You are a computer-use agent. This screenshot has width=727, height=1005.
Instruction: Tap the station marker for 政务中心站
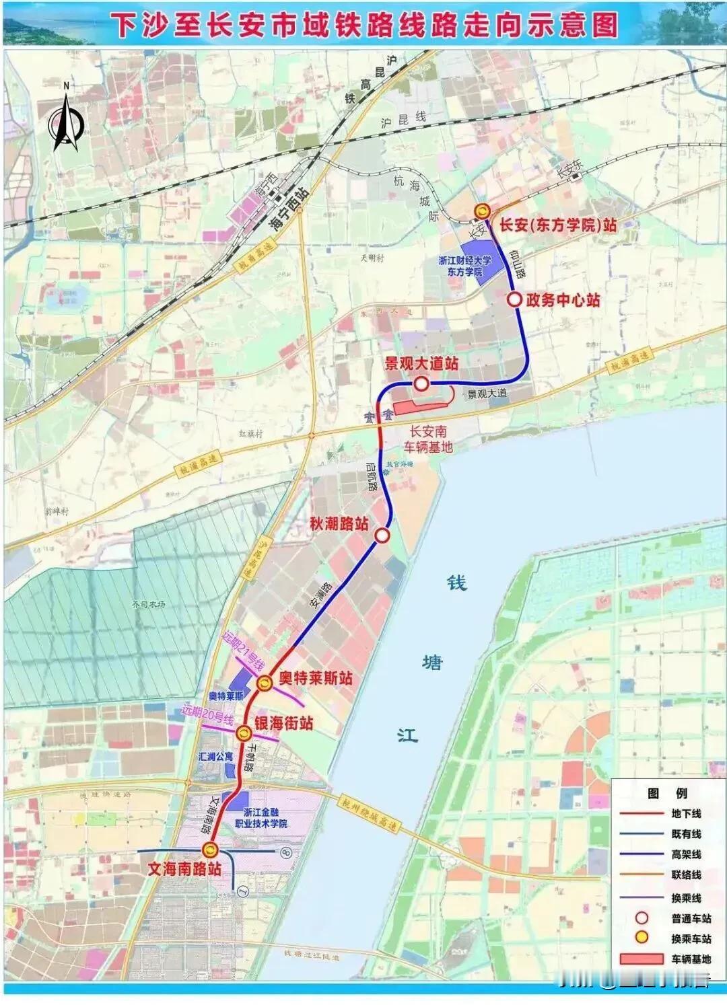coord(514,300)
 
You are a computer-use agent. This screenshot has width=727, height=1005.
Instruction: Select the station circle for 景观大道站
coord(421,384)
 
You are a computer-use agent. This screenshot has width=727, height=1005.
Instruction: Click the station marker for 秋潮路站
coord(382,535)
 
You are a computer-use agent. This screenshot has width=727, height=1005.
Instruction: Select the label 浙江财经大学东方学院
coord(464,266)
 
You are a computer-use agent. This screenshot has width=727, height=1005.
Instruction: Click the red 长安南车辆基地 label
coord(429,439)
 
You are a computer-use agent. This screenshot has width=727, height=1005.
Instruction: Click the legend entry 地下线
coord(686,813)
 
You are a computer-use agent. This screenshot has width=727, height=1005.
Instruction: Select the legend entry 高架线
coord(686,854)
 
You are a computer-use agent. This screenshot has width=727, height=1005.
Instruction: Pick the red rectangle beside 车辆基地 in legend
coord(642,959)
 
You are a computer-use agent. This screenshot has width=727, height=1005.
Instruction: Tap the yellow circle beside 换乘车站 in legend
coord(642,938)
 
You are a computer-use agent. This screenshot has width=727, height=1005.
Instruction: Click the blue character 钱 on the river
coord(457,583)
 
